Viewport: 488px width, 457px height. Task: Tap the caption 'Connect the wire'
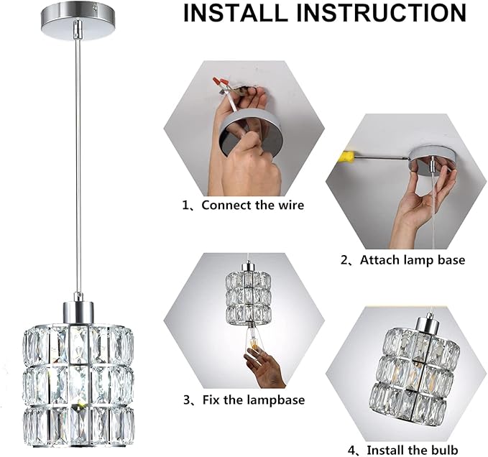tap(252, 205)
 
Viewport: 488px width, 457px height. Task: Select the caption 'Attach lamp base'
tap(412, 260)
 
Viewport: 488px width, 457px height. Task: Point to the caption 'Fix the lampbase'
tap(252, 400)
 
